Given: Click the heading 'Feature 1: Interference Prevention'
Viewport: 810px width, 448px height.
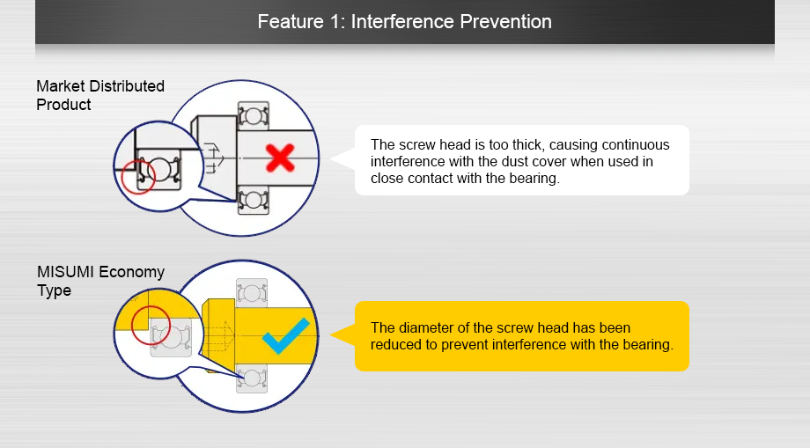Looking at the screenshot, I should pos(404,21).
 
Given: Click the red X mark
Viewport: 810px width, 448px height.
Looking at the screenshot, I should pos(280,158).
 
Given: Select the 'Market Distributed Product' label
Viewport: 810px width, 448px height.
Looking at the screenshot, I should pos(99,95).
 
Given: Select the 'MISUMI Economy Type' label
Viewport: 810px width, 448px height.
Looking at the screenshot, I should pos(99,281).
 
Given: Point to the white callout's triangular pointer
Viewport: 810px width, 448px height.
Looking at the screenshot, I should pos(342,159).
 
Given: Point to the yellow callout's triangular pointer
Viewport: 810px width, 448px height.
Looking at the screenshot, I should pos(342,335).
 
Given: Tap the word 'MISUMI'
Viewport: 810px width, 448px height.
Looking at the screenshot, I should pos(66,272).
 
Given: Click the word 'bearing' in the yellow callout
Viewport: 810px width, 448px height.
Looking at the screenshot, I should pos(647,344).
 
